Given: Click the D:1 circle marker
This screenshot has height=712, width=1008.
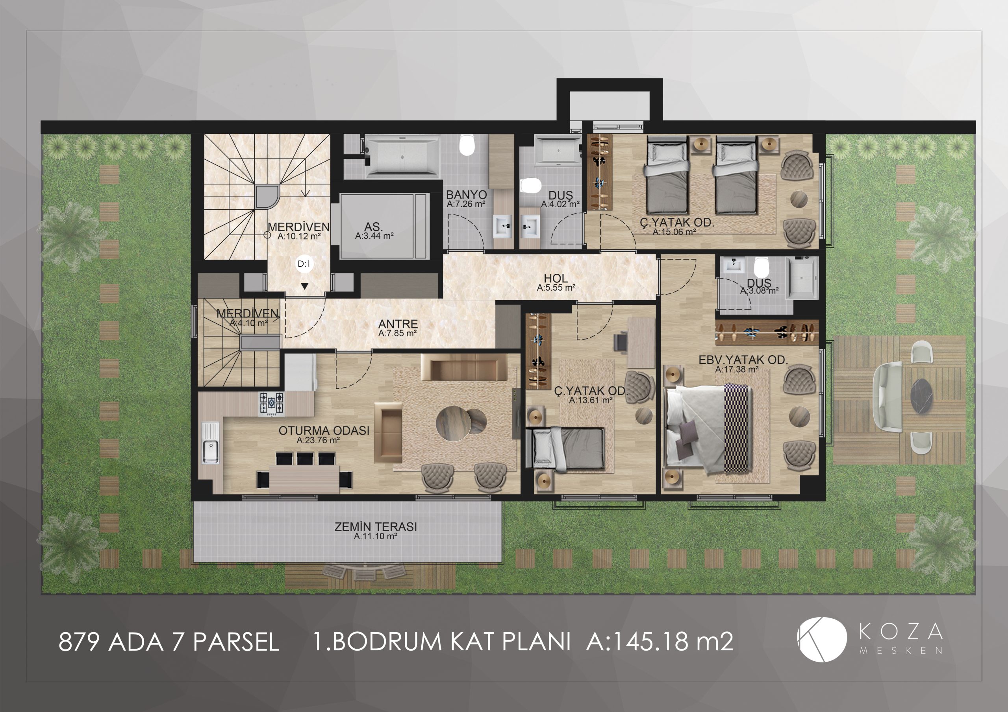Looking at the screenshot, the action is point(304,264).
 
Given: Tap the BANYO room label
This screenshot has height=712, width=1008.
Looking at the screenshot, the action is point(466,194).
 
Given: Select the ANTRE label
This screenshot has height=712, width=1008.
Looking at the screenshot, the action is point(398,324).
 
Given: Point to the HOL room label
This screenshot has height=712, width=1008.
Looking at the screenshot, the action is point(556,278).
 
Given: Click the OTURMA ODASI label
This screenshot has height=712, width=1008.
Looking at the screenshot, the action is point(324,430).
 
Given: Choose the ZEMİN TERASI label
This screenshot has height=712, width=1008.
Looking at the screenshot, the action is point(376,526).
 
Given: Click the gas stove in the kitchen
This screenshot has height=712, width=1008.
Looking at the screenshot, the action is point(271,404).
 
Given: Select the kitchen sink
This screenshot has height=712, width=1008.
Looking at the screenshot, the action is point(210,443).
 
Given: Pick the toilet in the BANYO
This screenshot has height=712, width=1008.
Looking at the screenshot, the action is point(467,145).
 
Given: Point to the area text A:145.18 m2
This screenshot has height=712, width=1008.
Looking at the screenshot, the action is point(660,641).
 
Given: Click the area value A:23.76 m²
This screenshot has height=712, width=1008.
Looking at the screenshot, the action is point(318,440).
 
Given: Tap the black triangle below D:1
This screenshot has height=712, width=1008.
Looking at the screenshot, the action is point(304,286).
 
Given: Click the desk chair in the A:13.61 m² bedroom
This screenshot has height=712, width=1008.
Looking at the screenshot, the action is point(620,342).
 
